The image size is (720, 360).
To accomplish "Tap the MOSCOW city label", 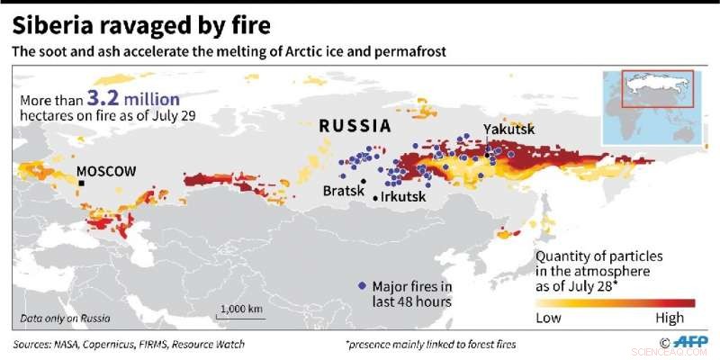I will tap(105, 171).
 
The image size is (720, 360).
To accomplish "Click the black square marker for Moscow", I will tap(81, 184).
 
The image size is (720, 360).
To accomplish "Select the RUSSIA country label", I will tap(355, 126).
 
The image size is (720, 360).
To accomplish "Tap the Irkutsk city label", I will tap(404, 196).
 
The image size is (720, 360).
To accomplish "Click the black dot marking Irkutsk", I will tap(375, 196).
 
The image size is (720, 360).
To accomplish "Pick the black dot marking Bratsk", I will tap(364, 181).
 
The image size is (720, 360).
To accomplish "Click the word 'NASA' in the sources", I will tap(80, 345).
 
